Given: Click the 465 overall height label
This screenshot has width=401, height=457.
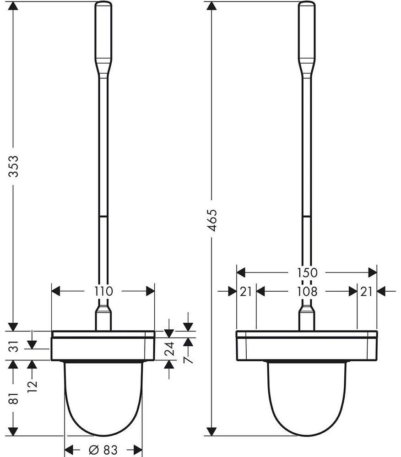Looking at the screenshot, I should [211, 221].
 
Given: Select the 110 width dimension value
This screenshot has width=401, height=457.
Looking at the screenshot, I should [104, 290].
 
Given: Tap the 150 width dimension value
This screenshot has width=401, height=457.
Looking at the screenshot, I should [307, 272].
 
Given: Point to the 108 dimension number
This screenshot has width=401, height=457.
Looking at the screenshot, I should [307, 291].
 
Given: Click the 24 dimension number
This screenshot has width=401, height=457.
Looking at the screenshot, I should [169, 349].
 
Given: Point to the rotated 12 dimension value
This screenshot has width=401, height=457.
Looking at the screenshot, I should [32, 385].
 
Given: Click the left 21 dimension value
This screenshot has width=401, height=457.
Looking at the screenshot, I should [246, 291].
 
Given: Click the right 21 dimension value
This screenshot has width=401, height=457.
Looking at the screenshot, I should [366, 291].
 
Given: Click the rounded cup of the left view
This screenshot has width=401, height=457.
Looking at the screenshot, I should [103, 398].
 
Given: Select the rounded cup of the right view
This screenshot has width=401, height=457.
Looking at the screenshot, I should [307, 398].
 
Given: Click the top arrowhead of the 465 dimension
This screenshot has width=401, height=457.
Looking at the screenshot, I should [211, 6].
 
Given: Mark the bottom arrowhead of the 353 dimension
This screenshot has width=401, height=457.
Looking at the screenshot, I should [14, 326].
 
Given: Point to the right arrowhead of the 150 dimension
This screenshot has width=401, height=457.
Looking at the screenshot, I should [372, 272].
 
